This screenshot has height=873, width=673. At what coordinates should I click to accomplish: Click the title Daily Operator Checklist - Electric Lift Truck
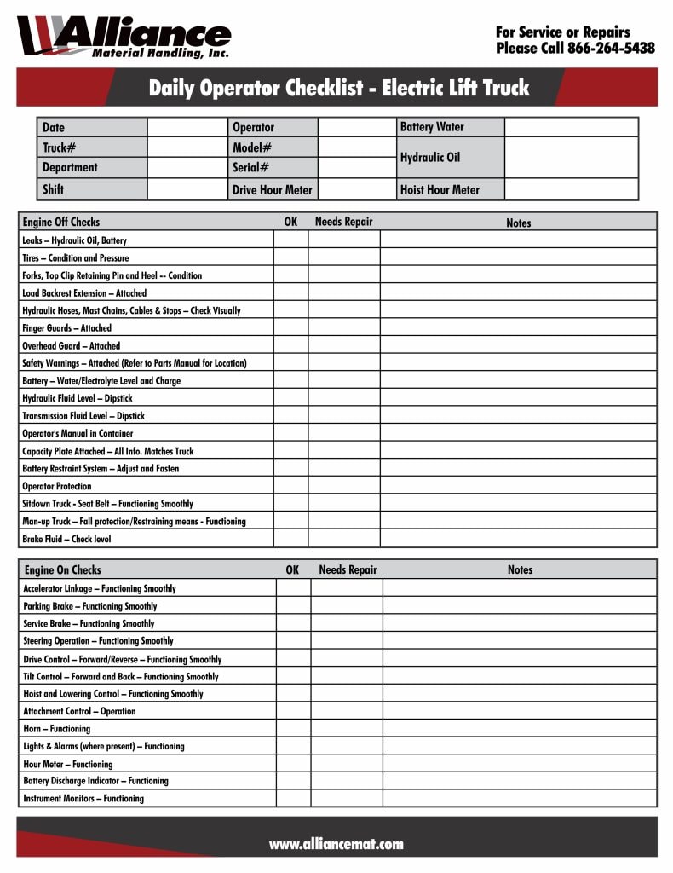click(x=338, y=88)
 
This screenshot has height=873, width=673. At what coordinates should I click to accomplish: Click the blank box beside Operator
click(x=357, y=127)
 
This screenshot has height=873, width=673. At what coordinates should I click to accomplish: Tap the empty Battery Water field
click(x=570, y=127)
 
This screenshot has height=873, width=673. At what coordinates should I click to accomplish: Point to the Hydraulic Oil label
click(x=430, y=158)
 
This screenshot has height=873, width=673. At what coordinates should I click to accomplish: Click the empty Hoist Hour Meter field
click(x=570, y=189)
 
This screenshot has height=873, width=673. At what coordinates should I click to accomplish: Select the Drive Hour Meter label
click(x=272, y=190)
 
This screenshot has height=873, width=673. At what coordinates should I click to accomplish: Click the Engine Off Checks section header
click(x=61, y=223)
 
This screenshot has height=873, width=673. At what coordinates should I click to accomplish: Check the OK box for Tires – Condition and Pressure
click(x=290, y=257)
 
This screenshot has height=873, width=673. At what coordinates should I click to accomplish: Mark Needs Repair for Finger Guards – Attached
click(x=343, y=328)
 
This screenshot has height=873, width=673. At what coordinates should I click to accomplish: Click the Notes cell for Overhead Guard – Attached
click(x=518, y=346)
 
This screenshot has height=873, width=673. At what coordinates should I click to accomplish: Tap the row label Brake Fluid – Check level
click(x=66, y=539)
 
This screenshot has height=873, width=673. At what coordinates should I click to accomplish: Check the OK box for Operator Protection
click(x=290, y=486)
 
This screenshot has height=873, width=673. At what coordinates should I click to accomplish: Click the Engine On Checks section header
click(x=62, y=569)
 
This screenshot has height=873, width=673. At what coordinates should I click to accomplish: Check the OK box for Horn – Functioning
click(x=293, y=729)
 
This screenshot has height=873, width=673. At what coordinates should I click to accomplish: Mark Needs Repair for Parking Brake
click(x=346, y=606)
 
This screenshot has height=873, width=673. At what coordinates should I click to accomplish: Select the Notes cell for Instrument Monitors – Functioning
click(x=519, y=799)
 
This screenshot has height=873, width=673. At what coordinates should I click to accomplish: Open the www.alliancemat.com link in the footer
click(x=336, y=844)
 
